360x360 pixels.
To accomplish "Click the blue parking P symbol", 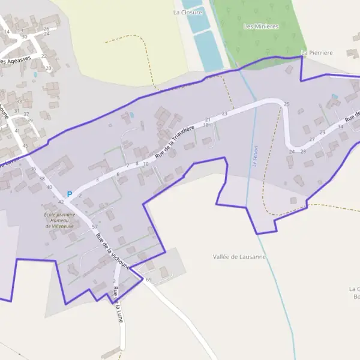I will point(69,194).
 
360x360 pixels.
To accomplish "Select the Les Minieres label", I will point(261,26).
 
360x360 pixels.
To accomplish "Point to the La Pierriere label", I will point(317,53).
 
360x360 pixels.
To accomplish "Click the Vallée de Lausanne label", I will point(239,257).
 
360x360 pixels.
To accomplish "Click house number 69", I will point(149,280).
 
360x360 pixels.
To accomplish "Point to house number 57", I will point(95,226).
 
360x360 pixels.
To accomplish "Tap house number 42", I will point(61,202).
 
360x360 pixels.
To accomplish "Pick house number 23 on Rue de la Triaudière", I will point(224,113).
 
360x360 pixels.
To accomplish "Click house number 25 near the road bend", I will point(286,104).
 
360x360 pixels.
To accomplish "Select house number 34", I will point(340,127).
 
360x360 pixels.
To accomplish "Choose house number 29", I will point(322,132).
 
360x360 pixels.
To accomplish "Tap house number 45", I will point(25,146).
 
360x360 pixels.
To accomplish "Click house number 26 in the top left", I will point(46,28).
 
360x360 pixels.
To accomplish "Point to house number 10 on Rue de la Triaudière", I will point(145,163).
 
